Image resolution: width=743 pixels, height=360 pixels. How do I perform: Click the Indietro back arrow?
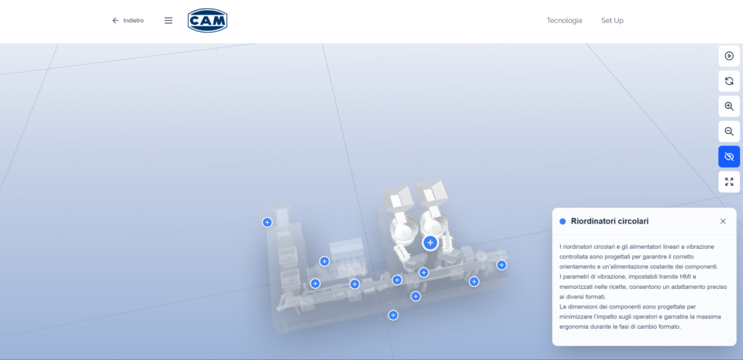115,20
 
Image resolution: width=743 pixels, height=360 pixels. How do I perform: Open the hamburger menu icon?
168,20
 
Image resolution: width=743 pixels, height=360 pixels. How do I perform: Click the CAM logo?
207,20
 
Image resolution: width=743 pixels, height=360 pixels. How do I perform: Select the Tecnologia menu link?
564,20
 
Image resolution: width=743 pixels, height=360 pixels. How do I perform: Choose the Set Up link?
612,20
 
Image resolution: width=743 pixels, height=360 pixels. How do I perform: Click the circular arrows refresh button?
728,81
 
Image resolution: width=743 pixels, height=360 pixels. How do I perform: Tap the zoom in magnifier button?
728,106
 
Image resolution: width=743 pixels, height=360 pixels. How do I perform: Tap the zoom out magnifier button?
728,131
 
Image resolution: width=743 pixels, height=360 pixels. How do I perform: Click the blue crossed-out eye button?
728,156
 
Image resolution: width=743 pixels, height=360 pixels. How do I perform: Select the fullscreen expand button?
728,181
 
